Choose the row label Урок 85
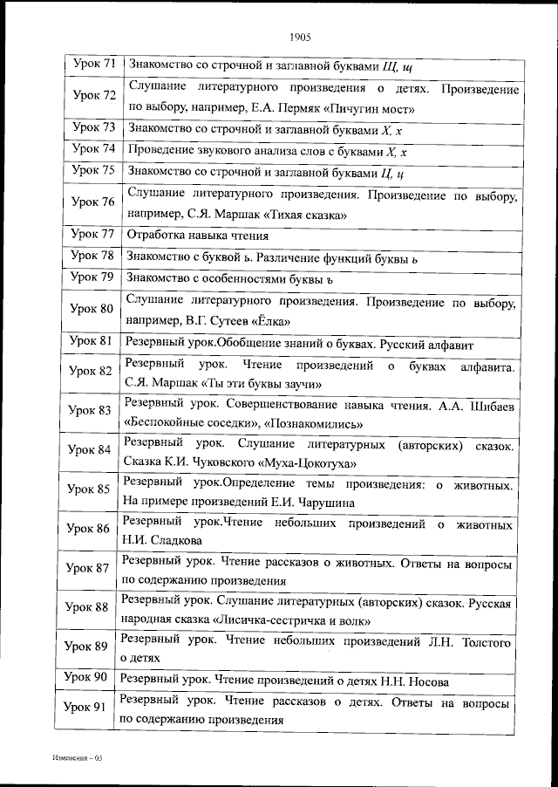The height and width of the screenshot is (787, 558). click(x=90, y=489)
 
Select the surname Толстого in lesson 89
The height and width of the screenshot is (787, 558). click(x=480, y=642)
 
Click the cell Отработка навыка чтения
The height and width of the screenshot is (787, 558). click(x=196, y=236)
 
